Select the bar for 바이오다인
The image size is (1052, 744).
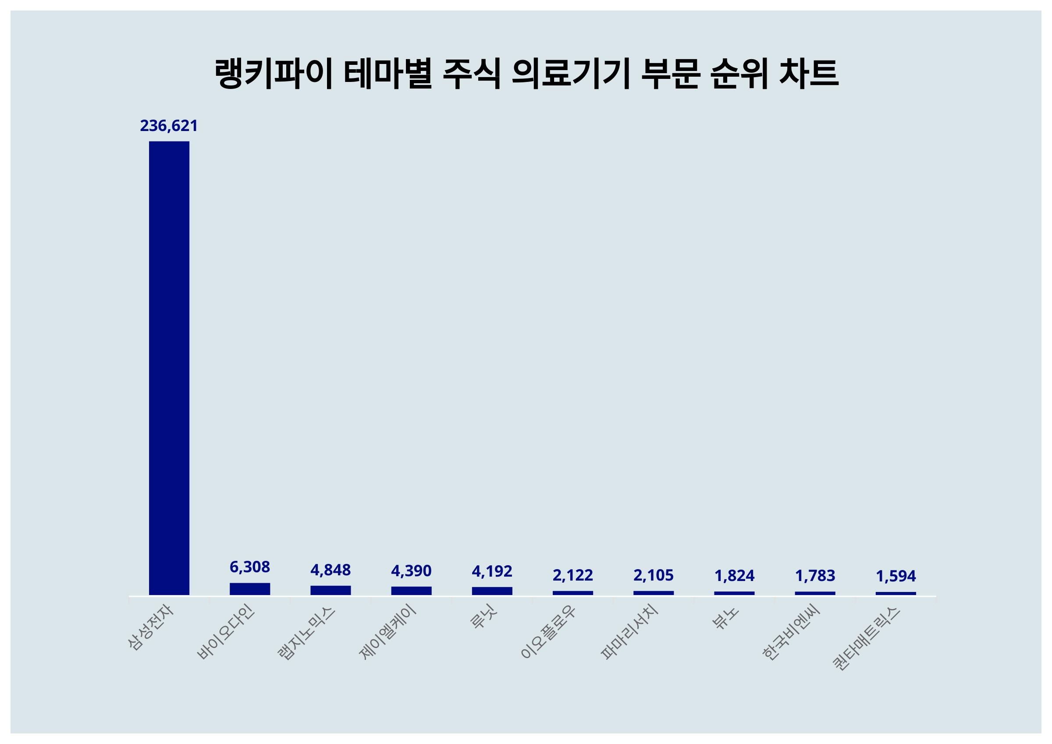pos(250,589)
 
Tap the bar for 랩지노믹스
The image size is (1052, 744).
pos(331,590)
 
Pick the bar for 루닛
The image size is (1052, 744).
pos(492,591)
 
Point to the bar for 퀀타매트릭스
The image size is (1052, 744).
pos(896,593)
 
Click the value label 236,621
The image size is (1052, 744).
pos(169,125)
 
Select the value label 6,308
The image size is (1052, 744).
pos(250,567)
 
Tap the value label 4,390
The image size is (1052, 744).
pos(411,571)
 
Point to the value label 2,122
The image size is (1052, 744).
pos(572,575)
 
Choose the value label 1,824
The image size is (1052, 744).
pos(734,575)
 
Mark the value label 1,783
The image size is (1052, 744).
pos(815,575)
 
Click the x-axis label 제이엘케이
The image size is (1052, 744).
pos(387,632)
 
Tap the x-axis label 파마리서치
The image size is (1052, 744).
pos(629,632)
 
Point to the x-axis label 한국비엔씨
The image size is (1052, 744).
pos(790,633)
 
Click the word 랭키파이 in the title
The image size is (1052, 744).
pos(273,73)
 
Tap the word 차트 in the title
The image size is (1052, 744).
pos(808,73)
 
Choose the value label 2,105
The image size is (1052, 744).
pos(653,575)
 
